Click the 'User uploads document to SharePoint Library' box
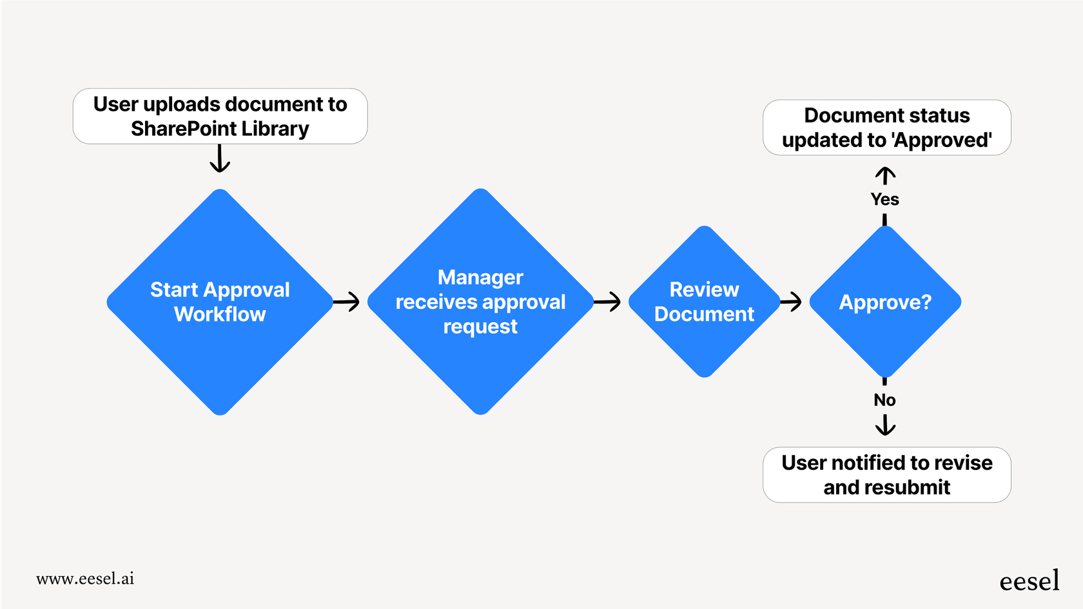pos(220,116)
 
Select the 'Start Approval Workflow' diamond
pos(220,302)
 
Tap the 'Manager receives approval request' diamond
pos(480,302)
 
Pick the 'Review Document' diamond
pos(704,302)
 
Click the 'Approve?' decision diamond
pos(885,302)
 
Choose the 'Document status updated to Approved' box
pos(886,128)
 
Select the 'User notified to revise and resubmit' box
pos(886,475)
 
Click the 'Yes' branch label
pos(884,199)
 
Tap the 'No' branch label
pos(884,400)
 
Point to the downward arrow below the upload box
pos(220,159)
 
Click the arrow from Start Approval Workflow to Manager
pos(347,302)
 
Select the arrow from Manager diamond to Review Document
pos(607,302)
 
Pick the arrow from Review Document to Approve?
pos(791,302)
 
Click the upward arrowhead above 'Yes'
pos(885,175)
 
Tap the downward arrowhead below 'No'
pos(885,425)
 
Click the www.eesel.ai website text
pos(85,579)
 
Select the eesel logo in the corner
pos(1029,581)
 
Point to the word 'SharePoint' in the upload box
pos(184,129)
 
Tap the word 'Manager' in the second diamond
pos(480,277)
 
